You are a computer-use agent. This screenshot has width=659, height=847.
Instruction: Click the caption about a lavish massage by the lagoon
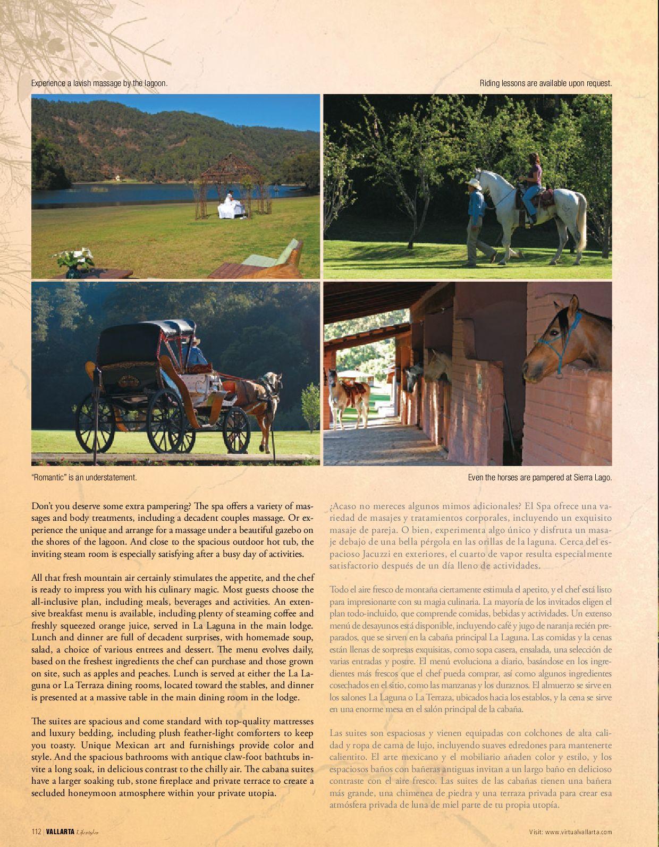99,83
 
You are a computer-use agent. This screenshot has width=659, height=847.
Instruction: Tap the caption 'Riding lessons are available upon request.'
546,83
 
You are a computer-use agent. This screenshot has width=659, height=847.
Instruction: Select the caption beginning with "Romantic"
84,478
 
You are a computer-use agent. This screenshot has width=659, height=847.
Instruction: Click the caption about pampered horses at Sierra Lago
540,478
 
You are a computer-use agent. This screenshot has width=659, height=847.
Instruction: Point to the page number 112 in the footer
36,832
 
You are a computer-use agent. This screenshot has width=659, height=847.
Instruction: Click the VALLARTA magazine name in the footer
60,832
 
